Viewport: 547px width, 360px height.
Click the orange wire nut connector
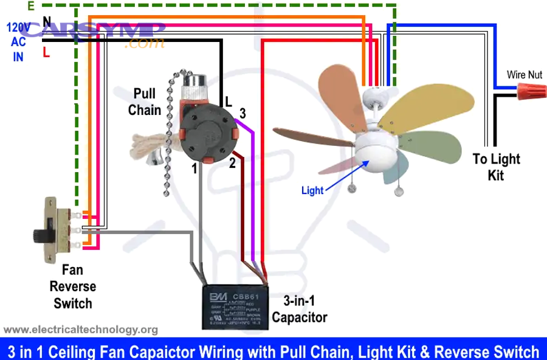click(x=530, y=92)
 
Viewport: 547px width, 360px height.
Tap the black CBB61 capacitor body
click(x=235, y=306)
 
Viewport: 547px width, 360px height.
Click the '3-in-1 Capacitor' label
click(x=299, y=309)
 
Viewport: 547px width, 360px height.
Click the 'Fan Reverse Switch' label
click(x=72, y=286)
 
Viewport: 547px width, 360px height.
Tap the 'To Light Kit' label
click(x=497, y=167)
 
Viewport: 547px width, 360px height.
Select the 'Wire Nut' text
click(x=525, y=75)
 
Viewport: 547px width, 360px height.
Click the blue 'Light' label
click(x=312, y=190)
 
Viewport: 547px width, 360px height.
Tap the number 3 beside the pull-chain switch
click(x=242, y=113)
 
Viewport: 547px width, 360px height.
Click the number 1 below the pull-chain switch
click(x=194, y=169)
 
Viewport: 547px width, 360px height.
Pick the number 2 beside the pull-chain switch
click(x=232, y=162)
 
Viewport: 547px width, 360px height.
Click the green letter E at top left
click(x=31, y=5)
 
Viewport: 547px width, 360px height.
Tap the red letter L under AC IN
click(x=46, y=53)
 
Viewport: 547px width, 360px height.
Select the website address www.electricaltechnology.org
click(x=81, y=330)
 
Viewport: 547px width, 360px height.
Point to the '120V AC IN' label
click(x=18, y=41)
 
